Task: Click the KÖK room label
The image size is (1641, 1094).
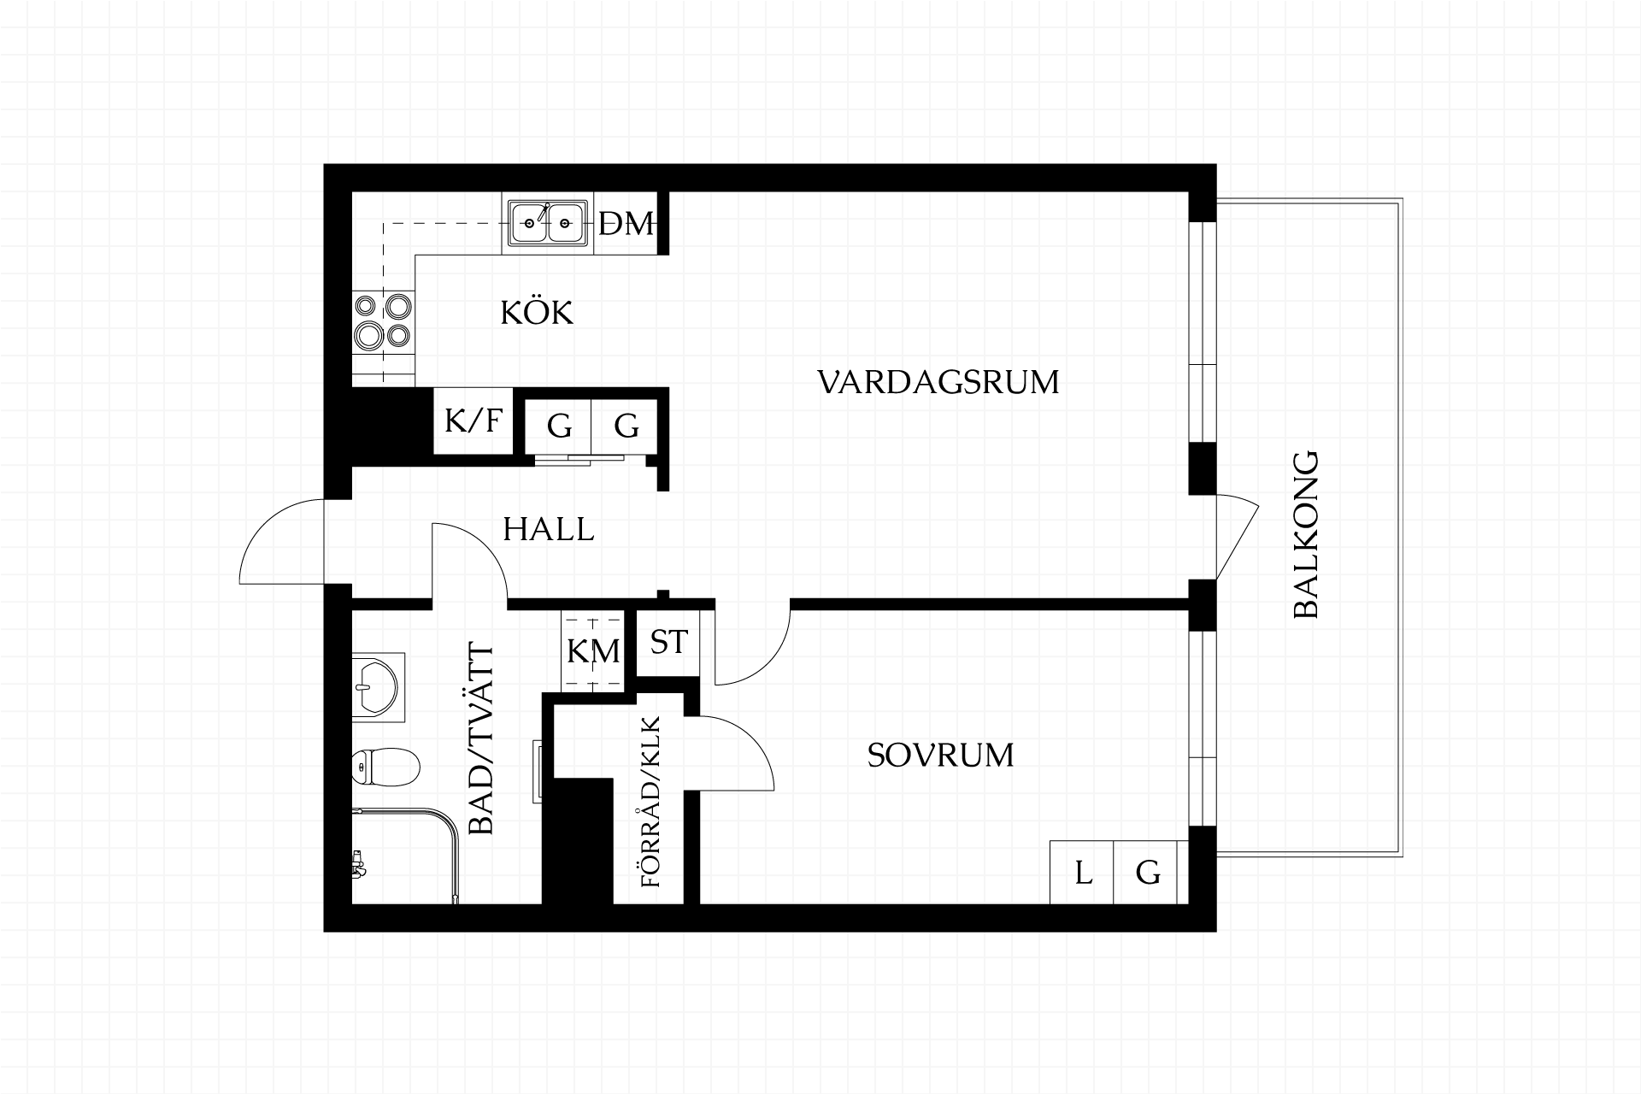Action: click(537, 313)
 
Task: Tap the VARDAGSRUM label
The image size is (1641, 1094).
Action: click(938, 382)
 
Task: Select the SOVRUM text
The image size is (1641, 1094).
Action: click(940, 756)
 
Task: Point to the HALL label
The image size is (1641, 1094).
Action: click(548, 530)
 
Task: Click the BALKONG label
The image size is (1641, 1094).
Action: click(1307, 535)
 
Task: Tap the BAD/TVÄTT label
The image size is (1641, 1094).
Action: click(482, 740)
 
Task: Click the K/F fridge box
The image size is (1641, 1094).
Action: click(473, 421)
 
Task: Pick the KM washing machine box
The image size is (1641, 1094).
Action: click(593, 651)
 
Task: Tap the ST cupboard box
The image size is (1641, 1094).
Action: click(668, 642)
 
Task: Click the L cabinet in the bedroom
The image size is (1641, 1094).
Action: click(1082, 873)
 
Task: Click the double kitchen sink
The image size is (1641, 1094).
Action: click(548, 224)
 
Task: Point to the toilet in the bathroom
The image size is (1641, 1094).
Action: click(385, 767)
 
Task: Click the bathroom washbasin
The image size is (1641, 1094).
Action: click(376, 686)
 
